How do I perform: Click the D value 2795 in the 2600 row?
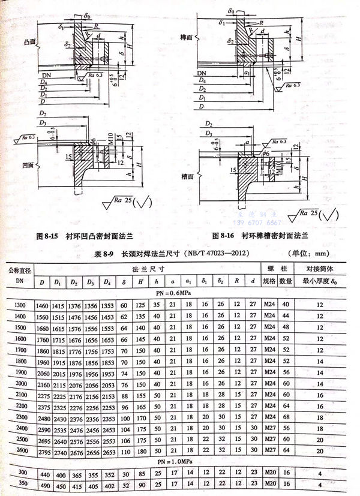pos(46,452)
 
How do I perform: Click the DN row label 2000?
pos(20,384)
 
